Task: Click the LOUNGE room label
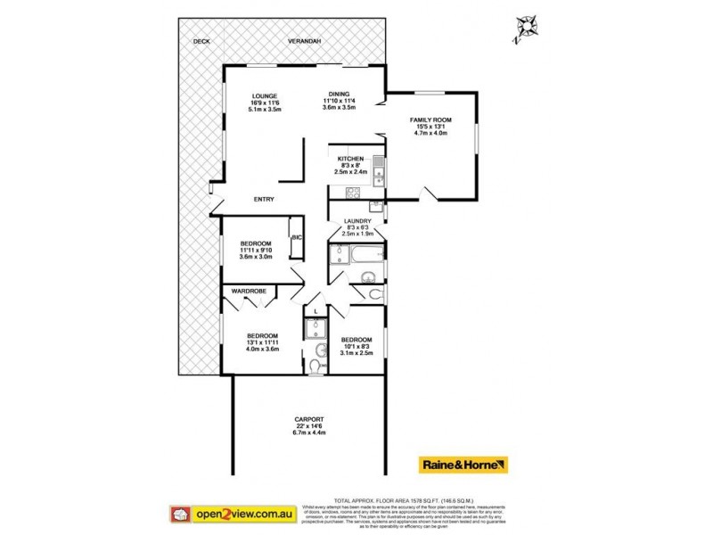point(266,95)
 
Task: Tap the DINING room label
point(339,94)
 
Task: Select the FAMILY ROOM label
point(430,119)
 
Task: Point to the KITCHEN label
point(351,158)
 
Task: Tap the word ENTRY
point(264,199)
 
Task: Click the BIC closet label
point(296,238)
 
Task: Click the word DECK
point(201,42)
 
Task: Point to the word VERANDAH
point(304,42)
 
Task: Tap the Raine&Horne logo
point(464,465)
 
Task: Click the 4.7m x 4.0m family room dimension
point(430,134)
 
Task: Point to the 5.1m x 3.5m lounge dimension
point(266,110)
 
